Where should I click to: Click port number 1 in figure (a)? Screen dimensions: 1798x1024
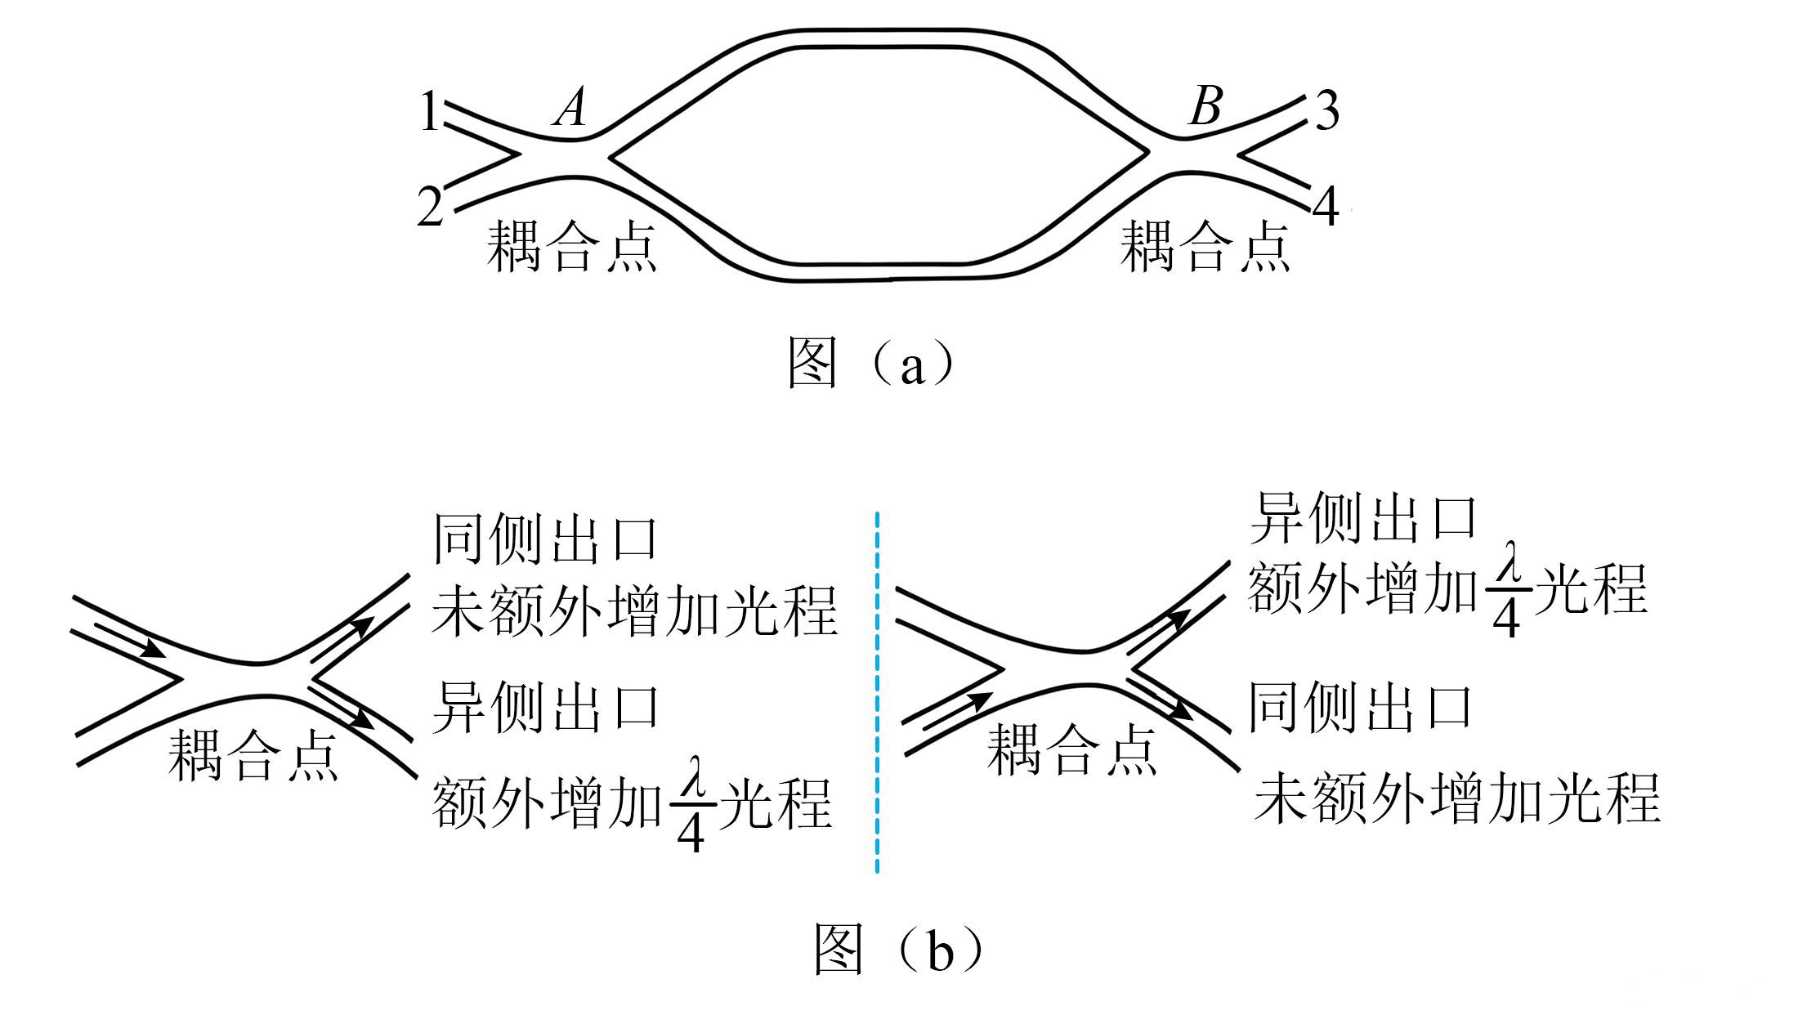430,111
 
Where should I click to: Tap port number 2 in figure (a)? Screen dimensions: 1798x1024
430,206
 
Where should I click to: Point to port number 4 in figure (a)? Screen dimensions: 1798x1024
1326,206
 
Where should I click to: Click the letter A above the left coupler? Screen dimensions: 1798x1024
570,106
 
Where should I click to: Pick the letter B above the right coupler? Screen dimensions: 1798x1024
1206,105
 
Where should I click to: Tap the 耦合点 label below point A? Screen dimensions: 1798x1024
571,246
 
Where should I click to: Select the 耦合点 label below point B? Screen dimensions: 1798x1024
1205,246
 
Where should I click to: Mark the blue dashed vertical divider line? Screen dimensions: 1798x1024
877,692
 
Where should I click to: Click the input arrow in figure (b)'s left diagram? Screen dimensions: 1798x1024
130,641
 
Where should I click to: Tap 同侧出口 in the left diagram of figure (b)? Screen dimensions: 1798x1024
545,540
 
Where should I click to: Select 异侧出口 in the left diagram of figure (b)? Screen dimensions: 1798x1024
545,707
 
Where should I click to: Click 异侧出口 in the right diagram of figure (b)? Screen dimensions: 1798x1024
1363,518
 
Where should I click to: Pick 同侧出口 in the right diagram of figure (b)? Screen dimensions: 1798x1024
1360,707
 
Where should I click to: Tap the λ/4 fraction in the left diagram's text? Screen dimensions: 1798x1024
692,805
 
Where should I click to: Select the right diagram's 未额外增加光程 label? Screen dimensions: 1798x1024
1457,798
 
